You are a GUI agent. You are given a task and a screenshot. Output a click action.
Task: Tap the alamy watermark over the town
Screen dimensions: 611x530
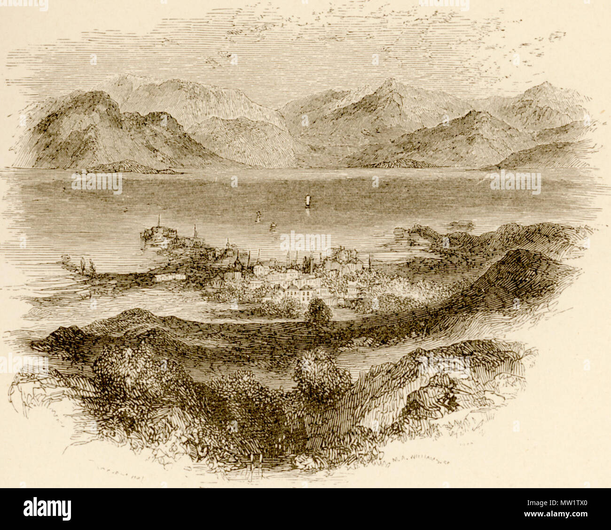click(x=305, y=241)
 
